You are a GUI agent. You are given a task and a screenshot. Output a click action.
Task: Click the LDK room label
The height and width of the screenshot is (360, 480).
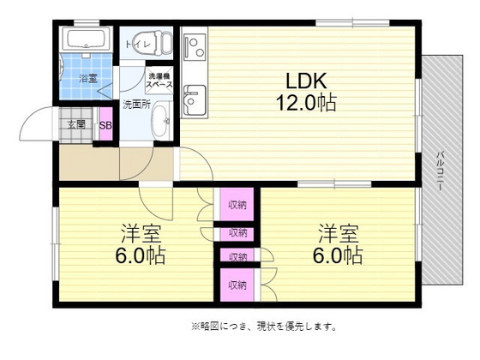point(305,81)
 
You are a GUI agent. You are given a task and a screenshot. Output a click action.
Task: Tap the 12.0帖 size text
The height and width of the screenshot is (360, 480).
point(305,103)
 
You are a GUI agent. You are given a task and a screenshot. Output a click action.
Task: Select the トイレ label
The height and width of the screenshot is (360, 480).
point(139,44)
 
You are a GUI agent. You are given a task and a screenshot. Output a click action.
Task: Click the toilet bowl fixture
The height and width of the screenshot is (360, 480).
point(159,40)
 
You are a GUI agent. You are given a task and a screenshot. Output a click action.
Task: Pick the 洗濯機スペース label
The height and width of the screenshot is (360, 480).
point(159,81)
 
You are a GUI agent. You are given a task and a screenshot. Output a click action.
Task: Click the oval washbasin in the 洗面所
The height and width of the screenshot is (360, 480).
point(161,123)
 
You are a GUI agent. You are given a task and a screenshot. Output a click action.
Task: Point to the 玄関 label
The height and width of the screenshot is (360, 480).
point(75,124)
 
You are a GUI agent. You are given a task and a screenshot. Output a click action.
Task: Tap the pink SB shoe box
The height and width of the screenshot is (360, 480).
point(105,125)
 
